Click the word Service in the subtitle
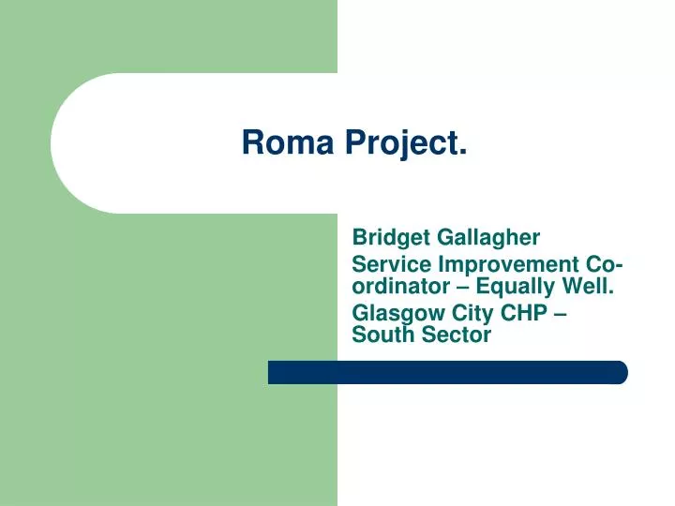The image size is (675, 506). click(387, 266)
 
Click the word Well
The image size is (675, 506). click(591, 286)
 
